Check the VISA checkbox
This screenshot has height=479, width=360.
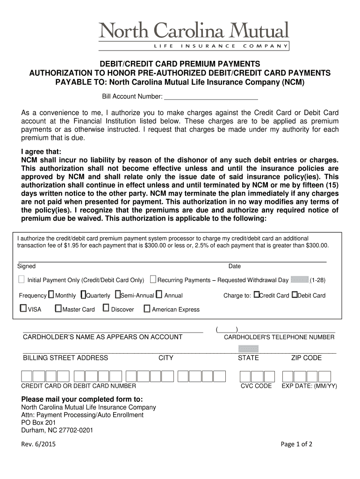point(23,309)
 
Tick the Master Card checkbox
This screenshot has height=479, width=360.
point(58,309)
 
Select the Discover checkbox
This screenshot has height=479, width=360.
point(106,308)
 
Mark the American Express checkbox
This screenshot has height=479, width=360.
point(147,309)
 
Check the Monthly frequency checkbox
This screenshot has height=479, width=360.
point(51,295)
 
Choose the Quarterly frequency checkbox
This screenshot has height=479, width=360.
point(83,295)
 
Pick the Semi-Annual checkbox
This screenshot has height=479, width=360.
point(117,295)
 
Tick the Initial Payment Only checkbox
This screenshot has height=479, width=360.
point(22,280)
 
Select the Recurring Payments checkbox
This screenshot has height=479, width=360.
point(153,280)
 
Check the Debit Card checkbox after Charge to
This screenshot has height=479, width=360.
point(295,295)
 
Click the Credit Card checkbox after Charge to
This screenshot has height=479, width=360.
point(256,295)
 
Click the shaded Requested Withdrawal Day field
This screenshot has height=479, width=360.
point(299,280)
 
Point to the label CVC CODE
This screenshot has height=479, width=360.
point(256,386)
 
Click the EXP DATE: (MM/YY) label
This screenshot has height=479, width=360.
point(309,386)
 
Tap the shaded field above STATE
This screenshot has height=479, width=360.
point(248,348)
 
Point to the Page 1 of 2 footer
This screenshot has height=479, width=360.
point(296,444)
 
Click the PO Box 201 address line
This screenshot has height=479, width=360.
point(39,422)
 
